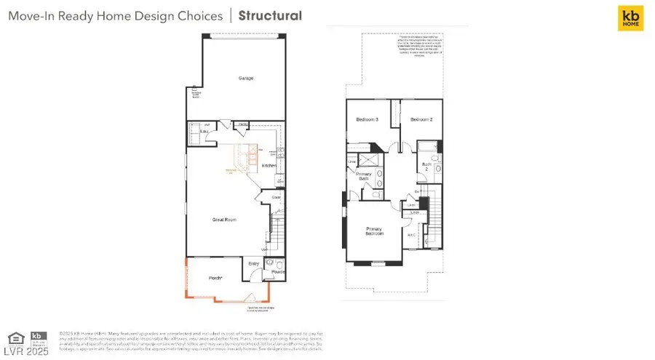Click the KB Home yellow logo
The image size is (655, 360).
[x=630, y=18]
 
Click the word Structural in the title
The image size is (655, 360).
[x=270, y=15]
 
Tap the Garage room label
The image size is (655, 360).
[x=246, y=78]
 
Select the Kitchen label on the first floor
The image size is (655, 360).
[x=269, y=166]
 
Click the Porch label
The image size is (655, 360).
[x=215, y=277]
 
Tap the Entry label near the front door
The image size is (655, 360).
[x=253, y=264]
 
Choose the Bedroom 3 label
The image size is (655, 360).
[x=367, y=119]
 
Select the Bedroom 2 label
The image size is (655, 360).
[x=421, y=119]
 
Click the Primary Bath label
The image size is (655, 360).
[x=364, y=177]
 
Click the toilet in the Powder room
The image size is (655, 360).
[x=269, y=263]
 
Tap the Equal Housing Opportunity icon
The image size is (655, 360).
[x=15, y=337]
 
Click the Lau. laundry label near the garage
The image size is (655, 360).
[x=196, y=131]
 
